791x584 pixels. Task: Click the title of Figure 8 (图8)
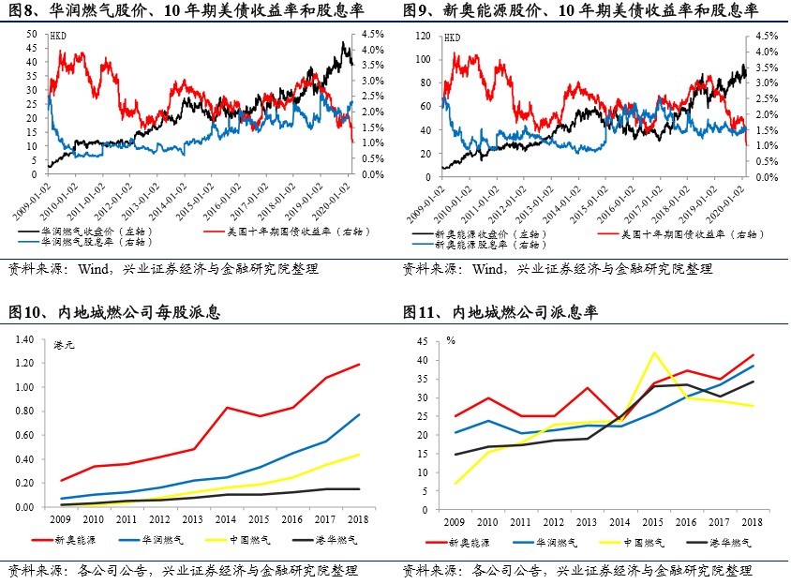pyautogui.click(x=187, y=11)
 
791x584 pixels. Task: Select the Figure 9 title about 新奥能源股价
pyautogui.click(x=581, y=11)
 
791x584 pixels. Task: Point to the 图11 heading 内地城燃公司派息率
pyautogui.click(x=501, y=312)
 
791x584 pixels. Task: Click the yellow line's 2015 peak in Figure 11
pyautogui.click(x=653, y=352)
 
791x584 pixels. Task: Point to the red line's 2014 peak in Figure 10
pyautogui.click(x=226, y=407)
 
